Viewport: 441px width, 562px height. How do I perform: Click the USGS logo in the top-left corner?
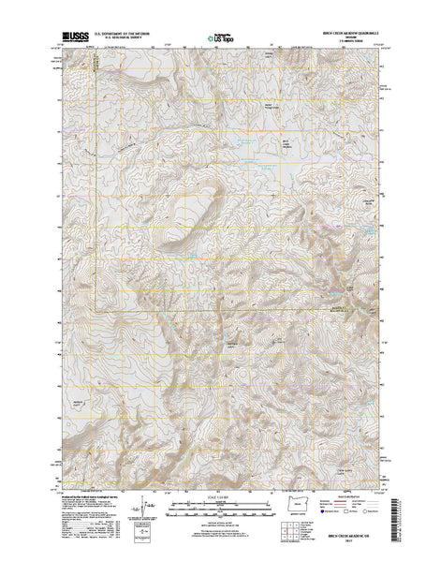pyautogui.click(x=71, y=38)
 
